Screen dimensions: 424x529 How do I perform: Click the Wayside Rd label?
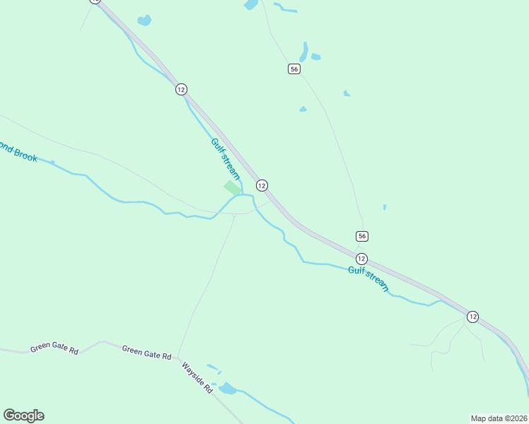tap(197, 378)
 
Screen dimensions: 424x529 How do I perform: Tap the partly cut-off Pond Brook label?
tap(18, 152)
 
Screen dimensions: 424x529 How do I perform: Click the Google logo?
tap(23, 416)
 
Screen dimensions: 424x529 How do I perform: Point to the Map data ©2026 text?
tap(499, 418)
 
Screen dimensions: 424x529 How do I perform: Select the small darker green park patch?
tap(232, 188)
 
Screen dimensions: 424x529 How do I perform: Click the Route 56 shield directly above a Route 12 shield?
tap(362, 235)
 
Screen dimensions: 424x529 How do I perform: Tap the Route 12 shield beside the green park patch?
tap(262, 185)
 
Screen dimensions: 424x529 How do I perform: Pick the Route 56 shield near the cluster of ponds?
tap(294, 69)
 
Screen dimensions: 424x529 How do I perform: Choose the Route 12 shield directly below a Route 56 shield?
tap(361, 258)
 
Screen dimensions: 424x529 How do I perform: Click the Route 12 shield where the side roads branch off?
tap(472, 317)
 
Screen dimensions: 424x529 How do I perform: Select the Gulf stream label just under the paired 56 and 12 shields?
tap(368, 278)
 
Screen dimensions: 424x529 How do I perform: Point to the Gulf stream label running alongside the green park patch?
tap(226, 159)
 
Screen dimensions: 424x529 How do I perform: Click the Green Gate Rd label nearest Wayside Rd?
tap(146, 353)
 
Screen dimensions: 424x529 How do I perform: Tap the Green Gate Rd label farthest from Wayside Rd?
tap(54, 349)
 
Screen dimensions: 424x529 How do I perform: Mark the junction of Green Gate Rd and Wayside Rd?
tap(176, 358)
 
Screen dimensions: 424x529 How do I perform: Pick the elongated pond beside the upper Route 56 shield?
tap(303, 52)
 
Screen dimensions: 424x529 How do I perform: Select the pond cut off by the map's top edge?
tap(250, 4)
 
